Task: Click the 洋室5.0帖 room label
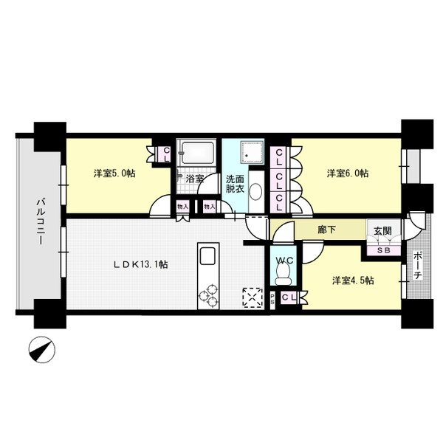pos(114,173)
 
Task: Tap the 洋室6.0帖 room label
pos(348,173)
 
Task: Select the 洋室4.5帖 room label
pos(353,281)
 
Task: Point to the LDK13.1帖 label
pos(141,264)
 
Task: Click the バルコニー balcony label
pos(41,221)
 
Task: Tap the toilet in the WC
pos(283,273)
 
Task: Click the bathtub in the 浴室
pos(198,153)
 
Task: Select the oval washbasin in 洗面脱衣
pos(256,192)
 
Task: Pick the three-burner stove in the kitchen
pos(208,296)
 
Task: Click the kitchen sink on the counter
pos(207,255)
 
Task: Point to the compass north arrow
pos(42,350)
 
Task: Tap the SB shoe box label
pos(384,250)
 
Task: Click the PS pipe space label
pos(272,300)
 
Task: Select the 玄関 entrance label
pos(382,231)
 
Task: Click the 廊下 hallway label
pos(326,230)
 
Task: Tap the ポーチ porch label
pos(418,266)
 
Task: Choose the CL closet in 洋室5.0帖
pos(166,154)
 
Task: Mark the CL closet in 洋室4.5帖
pos(289,297)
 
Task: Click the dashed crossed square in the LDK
pos(253,297)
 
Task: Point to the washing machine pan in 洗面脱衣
pos(252,152)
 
